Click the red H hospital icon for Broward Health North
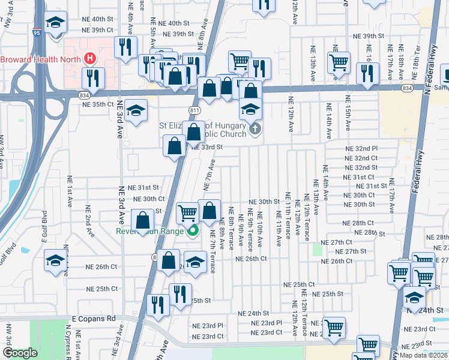tap(90, 59)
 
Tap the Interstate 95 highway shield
tap(37, 34)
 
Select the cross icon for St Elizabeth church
tap(255, 128)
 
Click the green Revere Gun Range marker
tap(193, 231)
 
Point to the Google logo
tap(20, 353)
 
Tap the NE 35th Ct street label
tap(98, 104)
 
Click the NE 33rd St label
tap(208, 147)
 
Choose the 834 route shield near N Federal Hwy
tap(407, 88)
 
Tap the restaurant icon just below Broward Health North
tap(93, 77)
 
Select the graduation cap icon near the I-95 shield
tap(56, 23)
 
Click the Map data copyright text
tap(423, 355)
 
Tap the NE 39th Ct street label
tap(98, 30)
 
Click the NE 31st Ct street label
tap(360, 177)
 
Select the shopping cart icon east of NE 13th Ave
tap(339, 61)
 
